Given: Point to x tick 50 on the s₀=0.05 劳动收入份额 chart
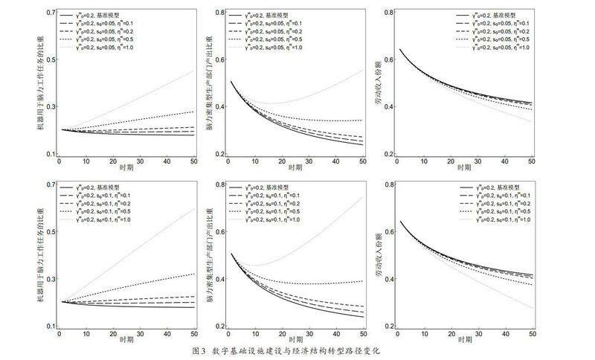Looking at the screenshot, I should (x=532, y=162).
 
